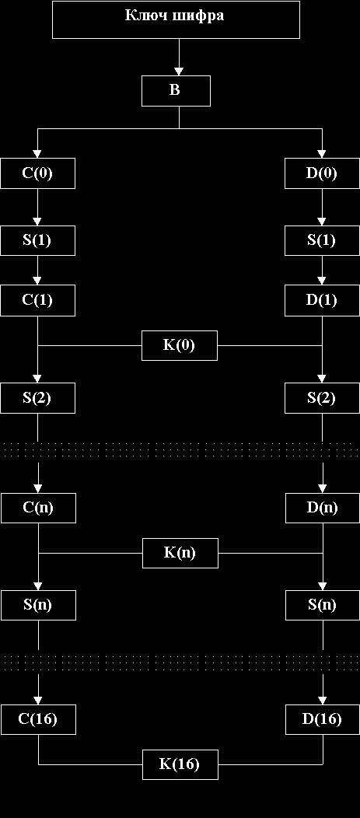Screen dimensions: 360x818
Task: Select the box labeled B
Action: tap(176, 91)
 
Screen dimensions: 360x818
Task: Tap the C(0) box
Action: tap(37, 173)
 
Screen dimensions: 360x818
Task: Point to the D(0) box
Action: tap(322, 173)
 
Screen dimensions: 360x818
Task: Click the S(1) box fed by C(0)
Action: tap(37, 240)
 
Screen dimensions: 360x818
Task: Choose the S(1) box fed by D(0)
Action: tap(322, 240)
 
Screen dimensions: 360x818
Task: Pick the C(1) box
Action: tap(37, 300)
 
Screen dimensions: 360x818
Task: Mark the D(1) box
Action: tap(322, 300)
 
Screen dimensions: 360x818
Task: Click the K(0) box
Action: tap(180, 345)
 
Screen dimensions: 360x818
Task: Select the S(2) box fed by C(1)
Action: tap(37, 398)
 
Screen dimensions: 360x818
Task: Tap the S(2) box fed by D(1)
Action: tap(322, 398)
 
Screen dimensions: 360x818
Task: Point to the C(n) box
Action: tap(38, 508)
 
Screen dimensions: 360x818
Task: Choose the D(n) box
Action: tap(323, 508)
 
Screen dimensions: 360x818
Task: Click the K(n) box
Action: tap(180, 553)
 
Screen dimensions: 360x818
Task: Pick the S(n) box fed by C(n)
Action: tap(38, 605)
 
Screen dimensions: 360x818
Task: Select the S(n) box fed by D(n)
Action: tap(323, 605)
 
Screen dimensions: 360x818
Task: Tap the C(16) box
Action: tap(38, 719)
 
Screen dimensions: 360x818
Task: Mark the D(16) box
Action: tap(323, 719)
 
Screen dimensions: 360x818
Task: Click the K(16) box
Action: tap(180, 764)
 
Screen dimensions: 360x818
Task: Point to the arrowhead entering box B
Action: tap(179, 72)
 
